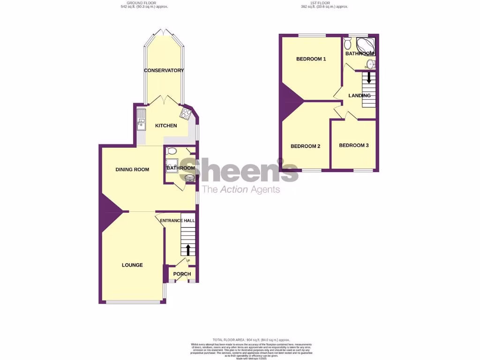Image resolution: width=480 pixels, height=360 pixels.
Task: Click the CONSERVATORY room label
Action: coord(164,70)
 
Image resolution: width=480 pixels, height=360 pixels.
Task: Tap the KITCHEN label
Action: coord(166,126)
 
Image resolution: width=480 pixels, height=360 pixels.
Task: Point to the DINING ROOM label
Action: coord(132,169)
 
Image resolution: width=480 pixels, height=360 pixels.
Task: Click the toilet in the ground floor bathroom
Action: coord(171,151)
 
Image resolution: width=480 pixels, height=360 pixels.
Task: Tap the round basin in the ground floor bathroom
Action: coord(190,178)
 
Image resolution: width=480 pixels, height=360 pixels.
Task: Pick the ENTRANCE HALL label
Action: coord(177,221)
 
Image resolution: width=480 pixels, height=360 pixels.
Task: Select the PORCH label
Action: coord(182,274)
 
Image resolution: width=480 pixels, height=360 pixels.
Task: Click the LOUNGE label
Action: coord(132,265)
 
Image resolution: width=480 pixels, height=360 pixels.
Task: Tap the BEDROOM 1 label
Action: coord(311,59)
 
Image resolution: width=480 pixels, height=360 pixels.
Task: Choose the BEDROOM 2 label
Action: coord(305,146)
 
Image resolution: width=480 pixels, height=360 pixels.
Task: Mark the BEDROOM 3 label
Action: coord(353,145)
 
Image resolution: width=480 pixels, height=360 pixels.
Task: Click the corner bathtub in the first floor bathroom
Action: coord(366,45)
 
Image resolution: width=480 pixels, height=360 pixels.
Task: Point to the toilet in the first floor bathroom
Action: coord(347,44)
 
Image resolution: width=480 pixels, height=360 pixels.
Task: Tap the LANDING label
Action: coord(359,96)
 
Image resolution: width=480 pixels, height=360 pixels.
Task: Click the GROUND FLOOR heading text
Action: coord(144,3)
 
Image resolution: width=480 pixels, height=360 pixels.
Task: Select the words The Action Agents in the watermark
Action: coord(240,189)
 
